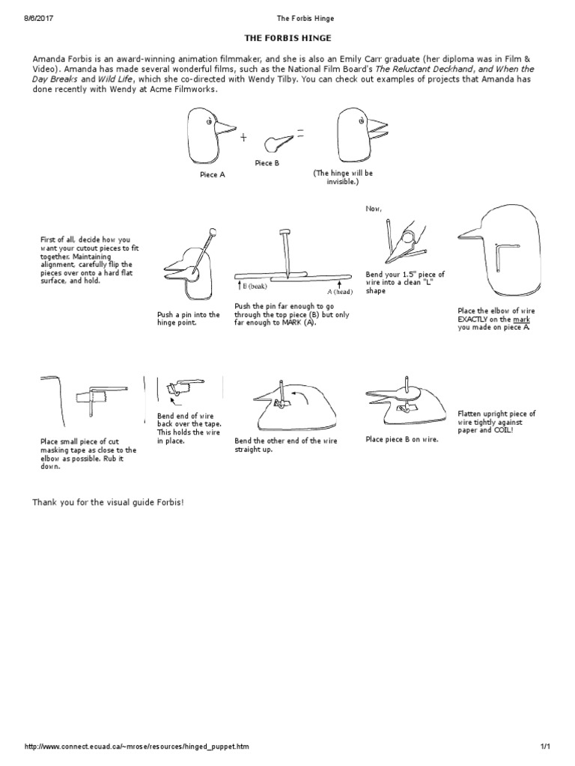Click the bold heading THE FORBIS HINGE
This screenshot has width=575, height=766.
click(287, 37)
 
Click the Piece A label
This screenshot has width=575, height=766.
click(212, 174)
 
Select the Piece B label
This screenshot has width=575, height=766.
click(267, 163)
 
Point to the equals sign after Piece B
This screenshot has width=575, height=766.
click(299, 133)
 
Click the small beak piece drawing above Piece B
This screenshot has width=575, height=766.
click(277, 141)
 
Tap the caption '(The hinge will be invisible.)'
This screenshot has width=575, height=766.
click(344, 177)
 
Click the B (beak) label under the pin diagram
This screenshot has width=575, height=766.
click(258, 287)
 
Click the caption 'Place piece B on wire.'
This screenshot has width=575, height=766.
click(402, 440)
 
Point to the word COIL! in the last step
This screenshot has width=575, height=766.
click(505, 431)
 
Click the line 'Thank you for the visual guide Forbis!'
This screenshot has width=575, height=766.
click(108, 501)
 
